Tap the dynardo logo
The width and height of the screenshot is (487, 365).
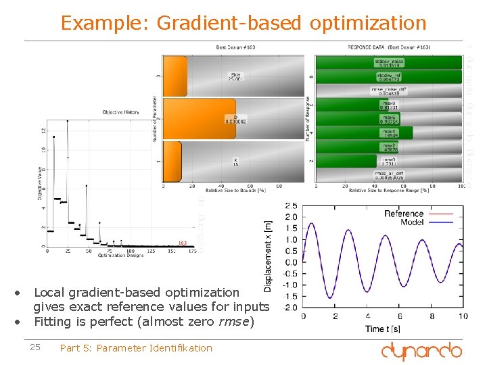(421, 351)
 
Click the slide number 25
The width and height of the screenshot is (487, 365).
(35, 347)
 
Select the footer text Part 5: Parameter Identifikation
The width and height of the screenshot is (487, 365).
(136, 348)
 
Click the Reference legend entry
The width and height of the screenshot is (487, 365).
(403, 214)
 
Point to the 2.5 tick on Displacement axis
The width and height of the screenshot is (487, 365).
(290, 205)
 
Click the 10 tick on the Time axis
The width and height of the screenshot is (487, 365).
(463, 316)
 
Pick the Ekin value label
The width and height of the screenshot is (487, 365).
(235, 76)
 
